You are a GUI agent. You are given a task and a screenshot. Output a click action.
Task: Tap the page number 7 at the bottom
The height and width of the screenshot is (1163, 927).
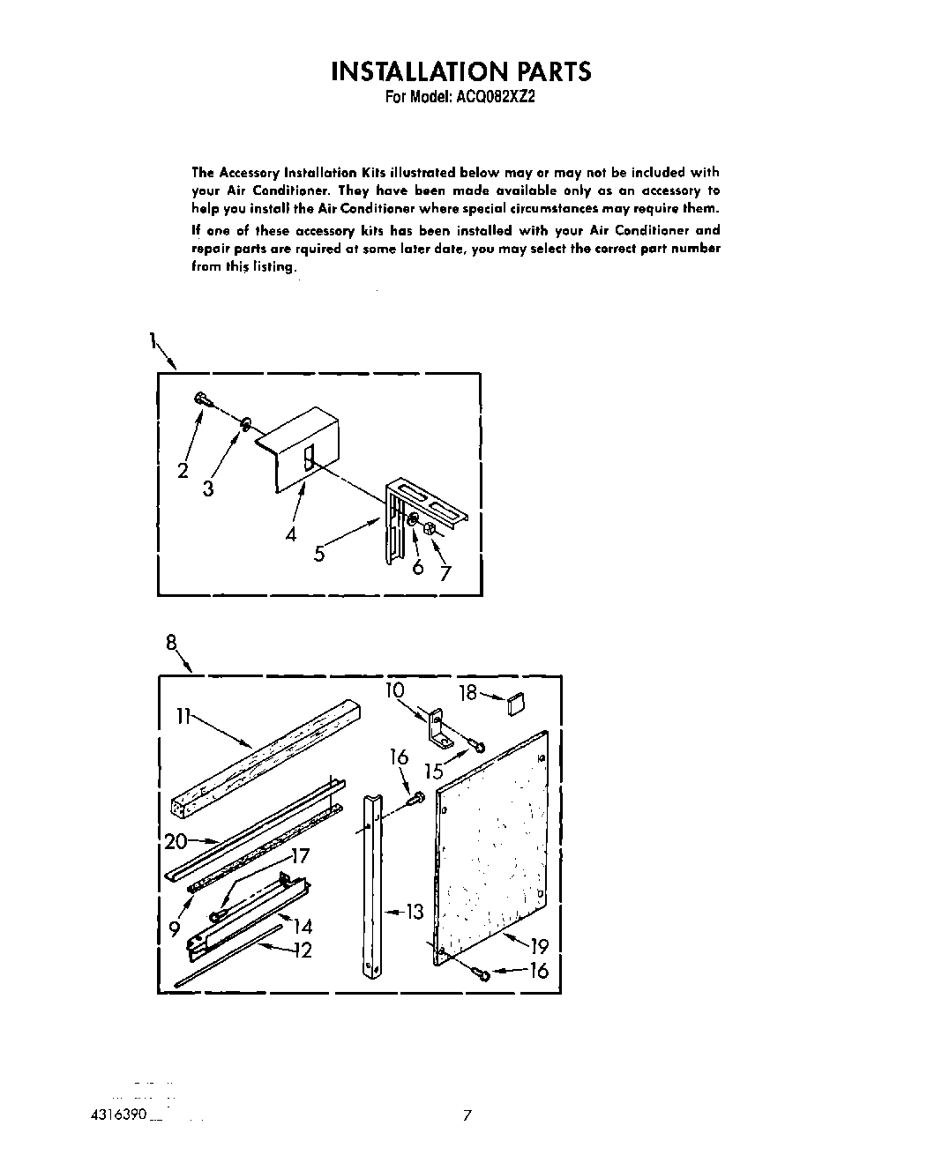point(467,1115)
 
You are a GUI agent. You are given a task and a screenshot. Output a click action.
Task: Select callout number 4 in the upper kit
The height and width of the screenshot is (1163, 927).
point(291,533)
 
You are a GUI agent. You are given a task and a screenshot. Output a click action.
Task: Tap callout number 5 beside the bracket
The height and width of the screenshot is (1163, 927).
point(319,554)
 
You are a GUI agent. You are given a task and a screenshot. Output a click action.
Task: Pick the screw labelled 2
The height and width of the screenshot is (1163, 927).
point(201,399)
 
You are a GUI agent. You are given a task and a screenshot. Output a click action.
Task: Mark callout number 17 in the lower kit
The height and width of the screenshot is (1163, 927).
point(300,854)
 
